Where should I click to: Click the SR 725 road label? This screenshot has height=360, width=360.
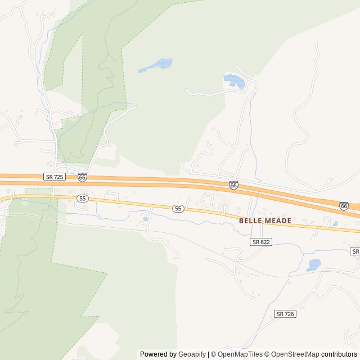[x=55, y=177]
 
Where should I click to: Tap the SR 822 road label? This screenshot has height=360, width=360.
[x=261, y=241]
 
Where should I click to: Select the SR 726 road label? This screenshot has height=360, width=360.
[x=286, y=313]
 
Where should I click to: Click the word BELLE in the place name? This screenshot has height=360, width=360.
[x=251, y=221]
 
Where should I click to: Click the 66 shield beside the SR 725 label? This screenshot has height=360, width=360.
[x=82, y=177]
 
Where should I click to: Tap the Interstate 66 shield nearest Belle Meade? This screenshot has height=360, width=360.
[x=233, y=185]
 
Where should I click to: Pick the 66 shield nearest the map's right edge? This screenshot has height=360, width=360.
[x=344, y=206]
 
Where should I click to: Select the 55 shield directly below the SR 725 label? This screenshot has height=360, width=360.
[x=83, y=199]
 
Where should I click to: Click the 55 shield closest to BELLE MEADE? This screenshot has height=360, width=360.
[x=178, y=209]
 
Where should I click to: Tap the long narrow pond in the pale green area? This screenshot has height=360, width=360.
[x=155, y=65]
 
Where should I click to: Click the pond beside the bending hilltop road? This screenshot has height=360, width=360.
[x=235, y=82]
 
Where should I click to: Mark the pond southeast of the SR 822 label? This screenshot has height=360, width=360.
[x=313, y=264]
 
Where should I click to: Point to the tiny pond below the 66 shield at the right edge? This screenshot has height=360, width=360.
[x=335, y=223]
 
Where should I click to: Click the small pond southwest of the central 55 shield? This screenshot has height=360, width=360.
[x=146, y=219]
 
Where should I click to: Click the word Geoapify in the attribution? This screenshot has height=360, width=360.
[x=192, y=354]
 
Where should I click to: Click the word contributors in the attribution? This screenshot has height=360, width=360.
[x=339, y=354]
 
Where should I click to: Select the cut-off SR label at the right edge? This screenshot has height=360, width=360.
[x=355, y=251]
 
